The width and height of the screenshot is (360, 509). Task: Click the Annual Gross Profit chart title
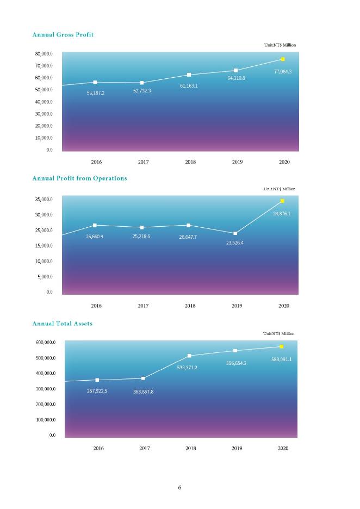tap(63, 35)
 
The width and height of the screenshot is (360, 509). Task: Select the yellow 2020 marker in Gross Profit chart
tap(283, 59)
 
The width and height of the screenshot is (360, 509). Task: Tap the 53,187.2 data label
tap(95, 93)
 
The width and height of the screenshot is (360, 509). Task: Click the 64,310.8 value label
tap(236, 79)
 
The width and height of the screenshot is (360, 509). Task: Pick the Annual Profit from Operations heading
tap(79, 178)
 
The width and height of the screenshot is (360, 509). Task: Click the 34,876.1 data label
tap(282, 214)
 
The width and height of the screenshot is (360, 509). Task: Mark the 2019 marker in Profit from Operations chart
tap(235, 233)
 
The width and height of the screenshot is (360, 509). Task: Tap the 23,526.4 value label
tap(234, 243)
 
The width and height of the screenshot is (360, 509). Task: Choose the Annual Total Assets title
tap(63, 324)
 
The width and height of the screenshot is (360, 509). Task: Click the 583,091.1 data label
tap(282, 359)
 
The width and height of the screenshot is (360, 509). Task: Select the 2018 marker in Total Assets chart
tap(189, 356)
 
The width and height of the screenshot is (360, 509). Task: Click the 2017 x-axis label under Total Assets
tap(144, 449)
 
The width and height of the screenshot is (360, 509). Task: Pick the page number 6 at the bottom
tap(179, 487)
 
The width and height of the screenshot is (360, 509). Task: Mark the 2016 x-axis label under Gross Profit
tap(96, 162)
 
